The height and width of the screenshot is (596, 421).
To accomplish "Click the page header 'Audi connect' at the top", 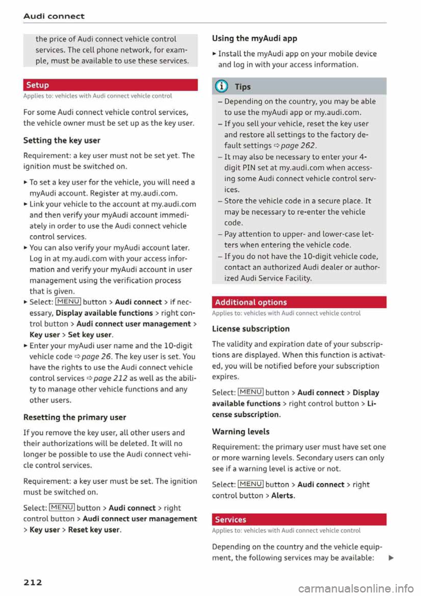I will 54,16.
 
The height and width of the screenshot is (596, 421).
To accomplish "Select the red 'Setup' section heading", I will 38,85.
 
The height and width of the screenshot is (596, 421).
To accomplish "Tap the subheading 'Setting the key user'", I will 62,140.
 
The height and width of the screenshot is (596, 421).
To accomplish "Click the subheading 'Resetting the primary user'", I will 75,417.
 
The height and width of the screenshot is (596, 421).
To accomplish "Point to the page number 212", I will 33,582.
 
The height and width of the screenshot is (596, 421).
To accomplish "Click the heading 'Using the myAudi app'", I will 254,39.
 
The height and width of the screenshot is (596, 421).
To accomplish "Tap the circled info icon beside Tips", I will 221,87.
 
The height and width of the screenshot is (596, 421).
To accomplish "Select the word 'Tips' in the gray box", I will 243,87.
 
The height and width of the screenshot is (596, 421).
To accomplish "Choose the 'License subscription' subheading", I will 251,329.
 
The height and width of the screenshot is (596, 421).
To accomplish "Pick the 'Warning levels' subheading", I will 241,432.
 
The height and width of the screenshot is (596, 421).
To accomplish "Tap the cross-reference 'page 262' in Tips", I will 297,146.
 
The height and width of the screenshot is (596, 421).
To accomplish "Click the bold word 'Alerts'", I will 282,495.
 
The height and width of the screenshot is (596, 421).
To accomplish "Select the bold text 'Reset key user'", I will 94,530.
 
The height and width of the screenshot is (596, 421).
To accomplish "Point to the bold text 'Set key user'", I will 90,335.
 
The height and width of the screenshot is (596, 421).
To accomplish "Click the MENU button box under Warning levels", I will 250,484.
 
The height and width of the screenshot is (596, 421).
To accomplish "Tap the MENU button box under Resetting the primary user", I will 62,507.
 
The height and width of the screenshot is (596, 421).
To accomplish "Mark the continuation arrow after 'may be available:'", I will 391,558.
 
